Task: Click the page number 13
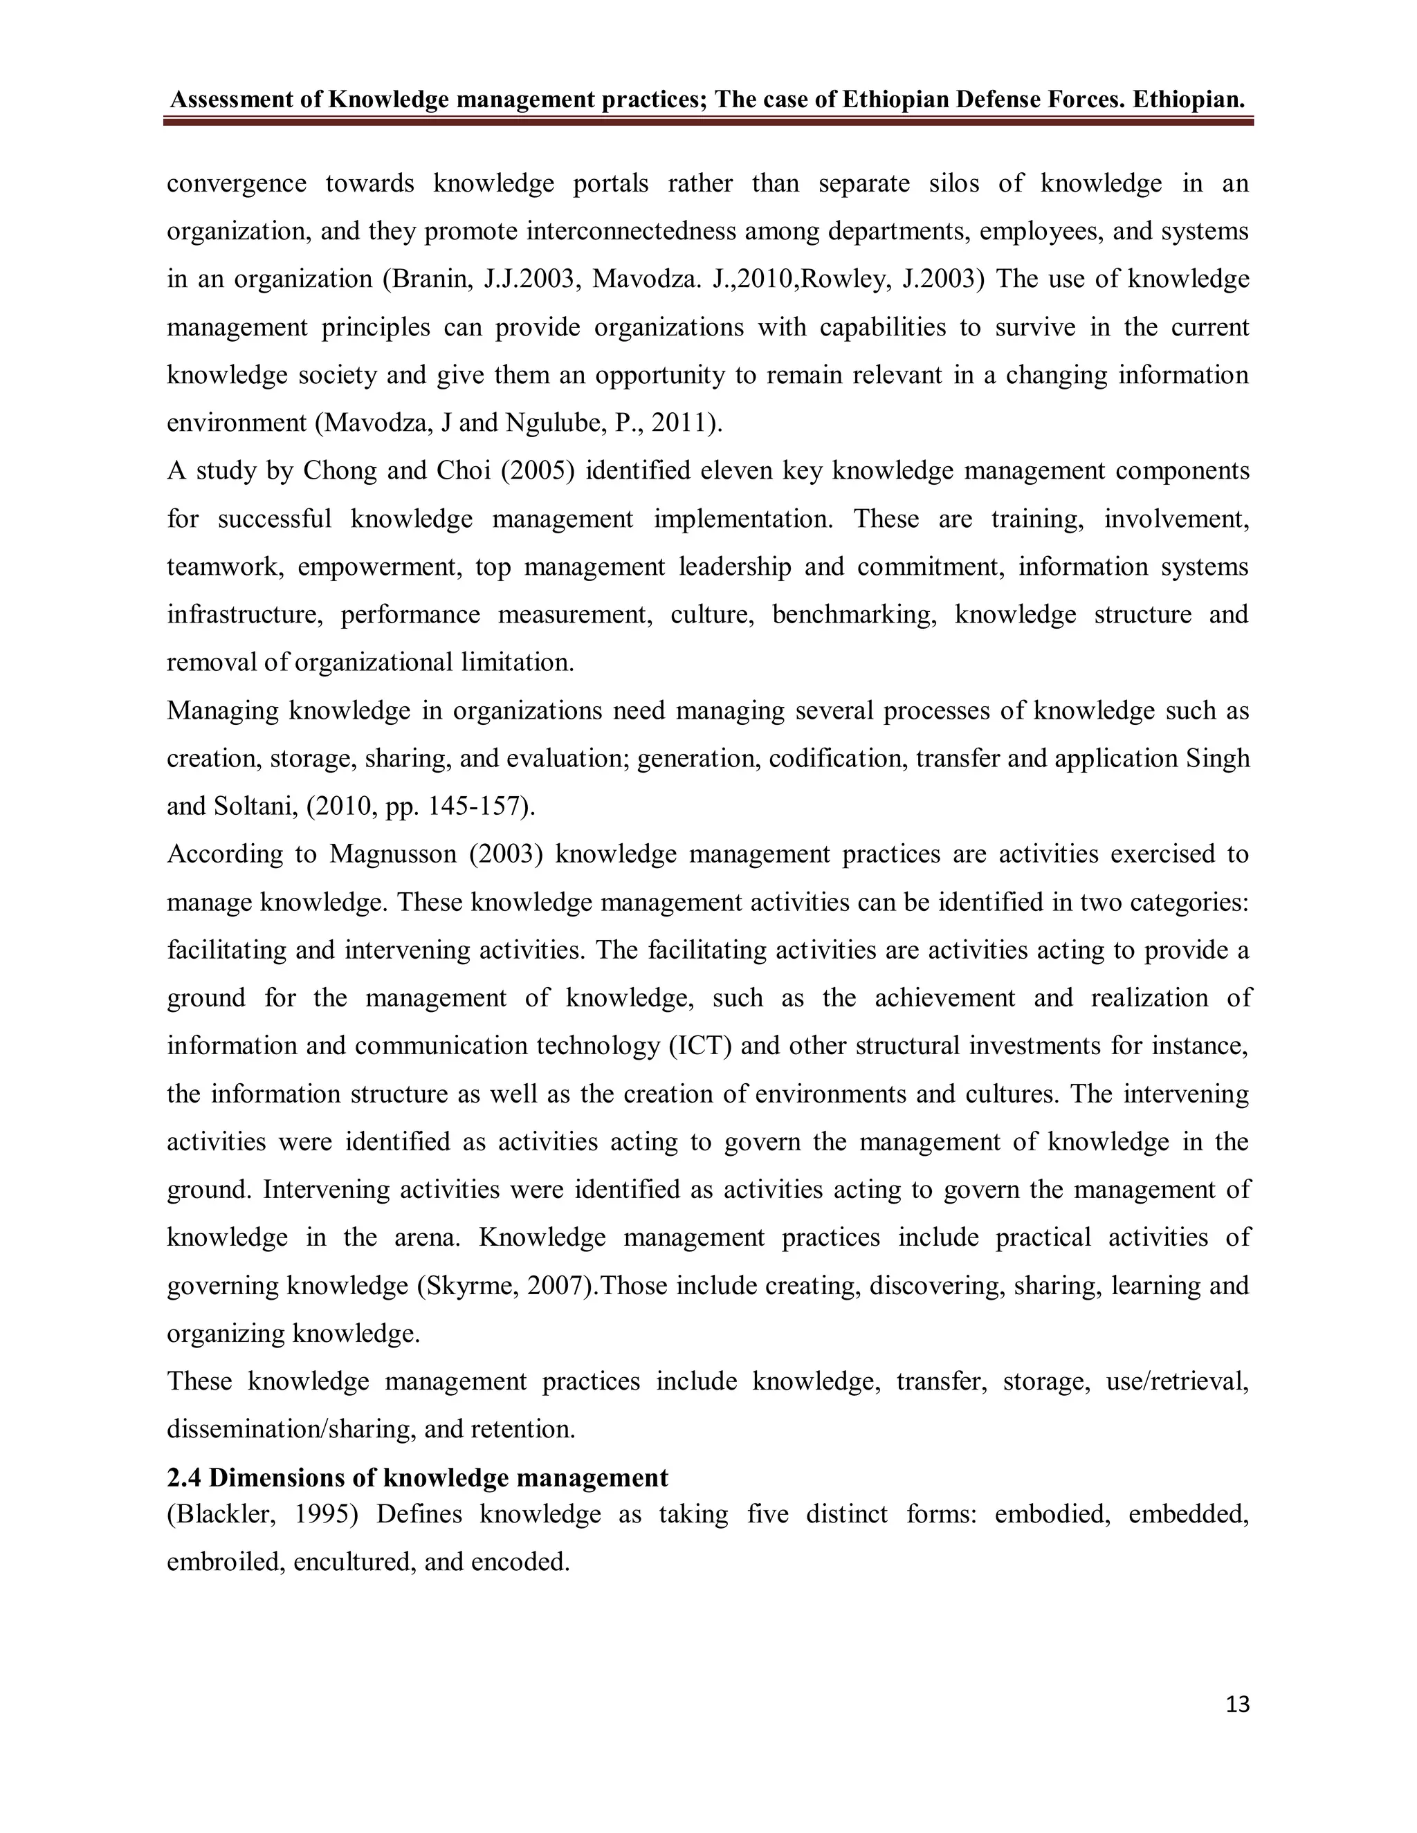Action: pyautogui.click(x=1237, y=1704)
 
